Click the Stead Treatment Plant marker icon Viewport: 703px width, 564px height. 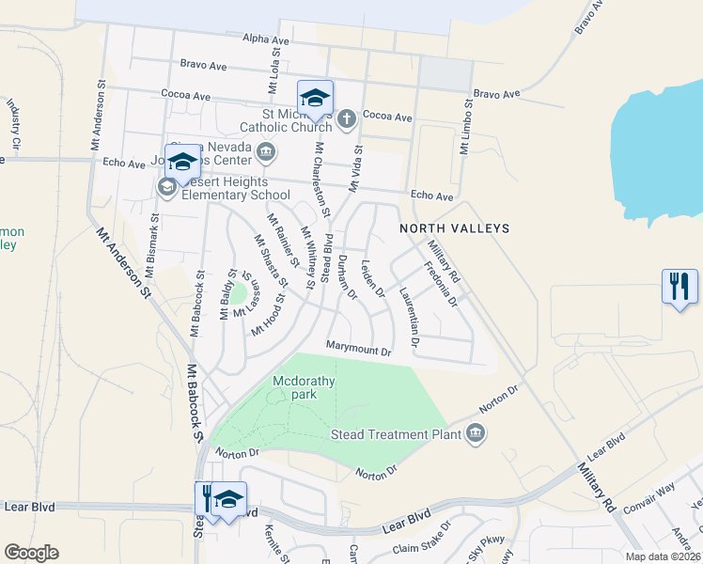coord(476,433)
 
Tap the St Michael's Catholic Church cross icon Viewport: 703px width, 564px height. coord(347,118)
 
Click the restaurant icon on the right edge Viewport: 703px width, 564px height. coord(680,286)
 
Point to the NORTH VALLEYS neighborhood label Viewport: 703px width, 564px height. coord(454,228)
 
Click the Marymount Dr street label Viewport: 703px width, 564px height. coord(358,349)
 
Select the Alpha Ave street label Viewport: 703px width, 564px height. coord(266,40)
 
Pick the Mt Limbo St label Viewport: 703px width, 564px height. coord(464,133)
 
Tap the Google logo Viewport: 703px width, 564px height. coord(31,553)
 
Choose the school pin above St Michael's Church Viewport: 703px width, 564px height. coord(315,98)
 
